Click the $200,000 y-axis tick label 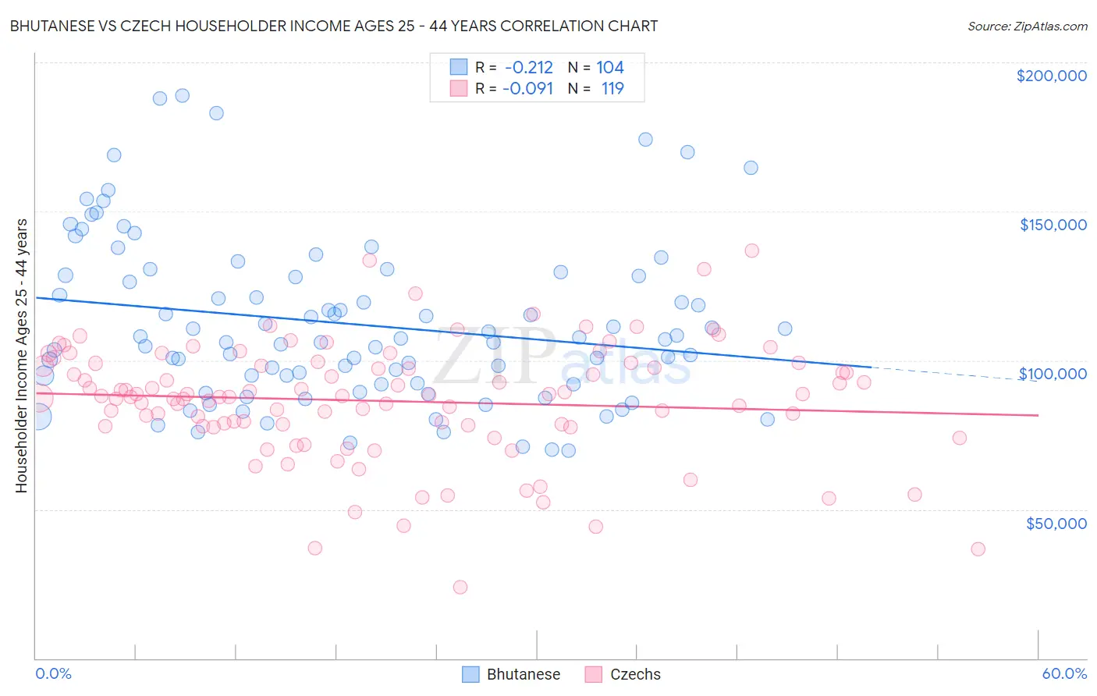(1051, 76)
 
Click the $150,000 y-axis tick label (1053, 225)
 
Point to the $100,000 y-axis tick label (1053, 374)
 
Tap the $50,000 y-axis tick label (1056, 523)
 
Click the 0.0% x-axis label (53, 673)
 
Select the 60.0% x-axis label (1064, 673)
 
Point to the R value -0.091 (527, 88)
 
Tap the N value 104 (610, 68)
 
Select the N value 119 (612, 88)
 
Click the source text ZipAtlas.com (1027, 26)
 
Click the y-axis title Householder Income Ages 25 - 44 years (21, 355)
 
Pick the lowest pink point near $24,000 (460, 587)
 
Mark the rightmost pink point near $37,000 (978, 549)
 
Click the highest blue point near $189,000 (182, 95)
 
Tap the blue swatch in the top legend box (458, 68)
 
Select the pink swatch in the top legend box (458, 88)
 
